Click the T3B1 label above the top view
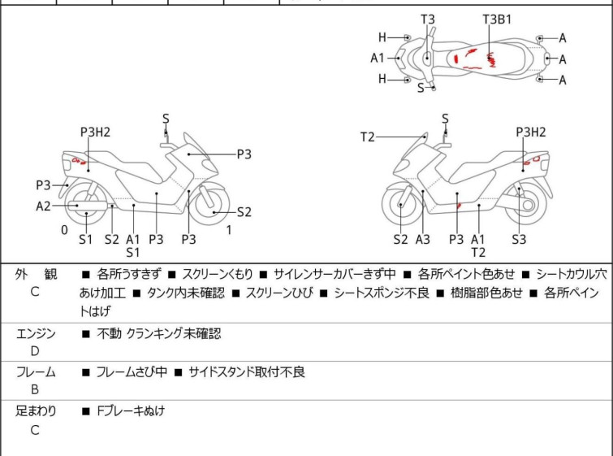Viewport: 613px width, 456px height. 497,19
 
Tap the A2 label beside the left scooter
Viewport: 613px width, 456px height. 44,206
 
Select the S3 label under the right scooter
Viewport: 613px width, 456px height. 519,239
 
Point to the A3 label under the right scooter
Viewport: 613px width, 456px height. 423,239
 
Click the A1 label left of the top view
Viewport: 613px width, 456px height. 378,58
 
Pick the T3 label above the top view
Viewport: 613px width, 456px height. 427,19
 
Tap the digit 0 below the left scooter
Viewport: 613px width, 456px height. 64,230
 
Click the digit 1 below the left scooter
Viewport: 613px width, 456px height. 230,230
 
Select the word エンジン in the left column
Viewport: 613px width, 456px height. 35,333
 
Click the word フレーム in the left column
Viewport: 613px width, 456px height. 35,372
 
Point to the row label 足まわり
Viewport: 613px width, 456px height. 35,411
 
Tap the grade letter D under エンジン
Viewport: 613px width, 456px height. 35,351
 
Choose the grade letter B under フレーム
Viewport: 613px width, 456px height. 35,390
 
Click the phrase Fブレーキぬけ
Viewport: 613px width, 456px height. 130,411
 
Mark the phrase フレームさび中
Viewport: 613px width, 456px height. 131,372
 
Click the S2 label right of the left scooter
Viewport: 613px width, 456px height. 244,212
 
